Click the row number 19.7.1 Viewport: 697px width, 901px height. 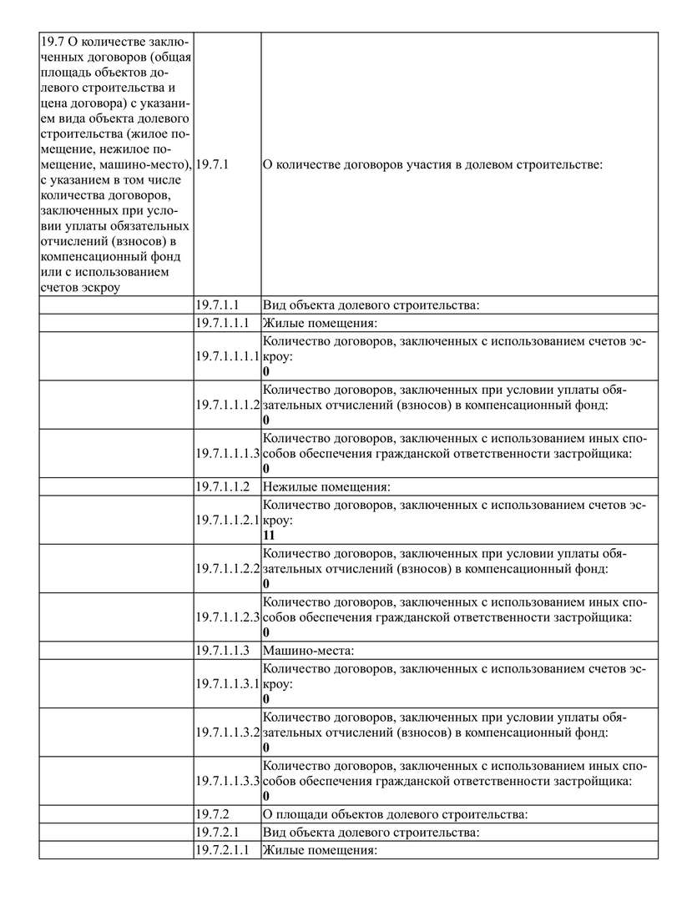[212, 165]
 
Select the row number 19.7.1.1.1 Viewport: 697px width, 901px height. [223, 323]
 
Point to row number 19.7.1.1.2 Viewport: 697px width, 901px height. [223, 486]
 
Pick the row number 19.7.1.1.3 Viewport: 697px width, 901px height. [223, 650]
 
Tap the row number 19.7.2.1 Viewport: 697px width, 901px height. [218, 832]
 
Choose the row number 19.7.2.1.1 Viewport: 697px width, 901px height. [223, 850]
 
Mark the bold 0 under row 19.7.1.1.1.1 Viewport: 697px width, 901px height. [265, 372]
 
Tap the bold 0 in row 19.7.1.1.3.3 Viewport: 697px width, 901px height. [265, 797]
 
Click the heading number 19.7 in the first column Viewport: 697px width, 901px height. [52, 42]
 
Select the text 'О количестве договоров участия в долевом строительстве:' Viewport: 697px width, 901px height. [432, 165]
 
